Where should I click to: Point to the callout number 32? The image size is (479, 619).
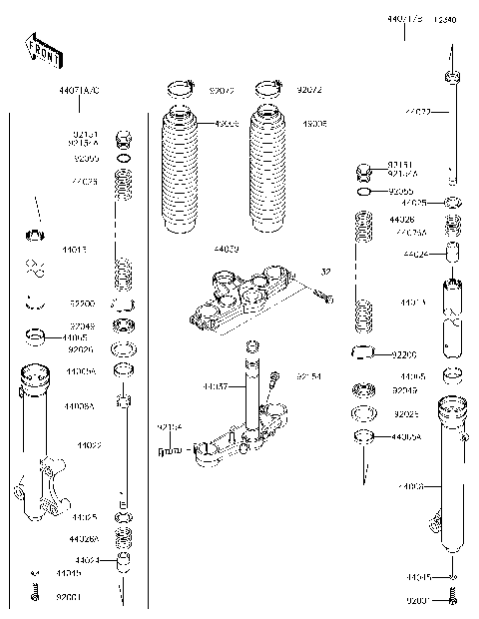click(325, 271)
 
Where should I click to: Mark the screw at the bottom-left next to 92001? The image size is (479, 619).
click(35, 595)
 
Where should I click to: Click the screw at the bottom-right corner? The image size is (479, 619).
click(452, 601)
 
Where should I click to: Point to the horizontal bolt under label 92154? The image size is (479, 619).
click(171, 451)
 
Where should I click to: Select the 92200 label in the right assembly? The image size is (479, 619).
click(404, 353)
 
